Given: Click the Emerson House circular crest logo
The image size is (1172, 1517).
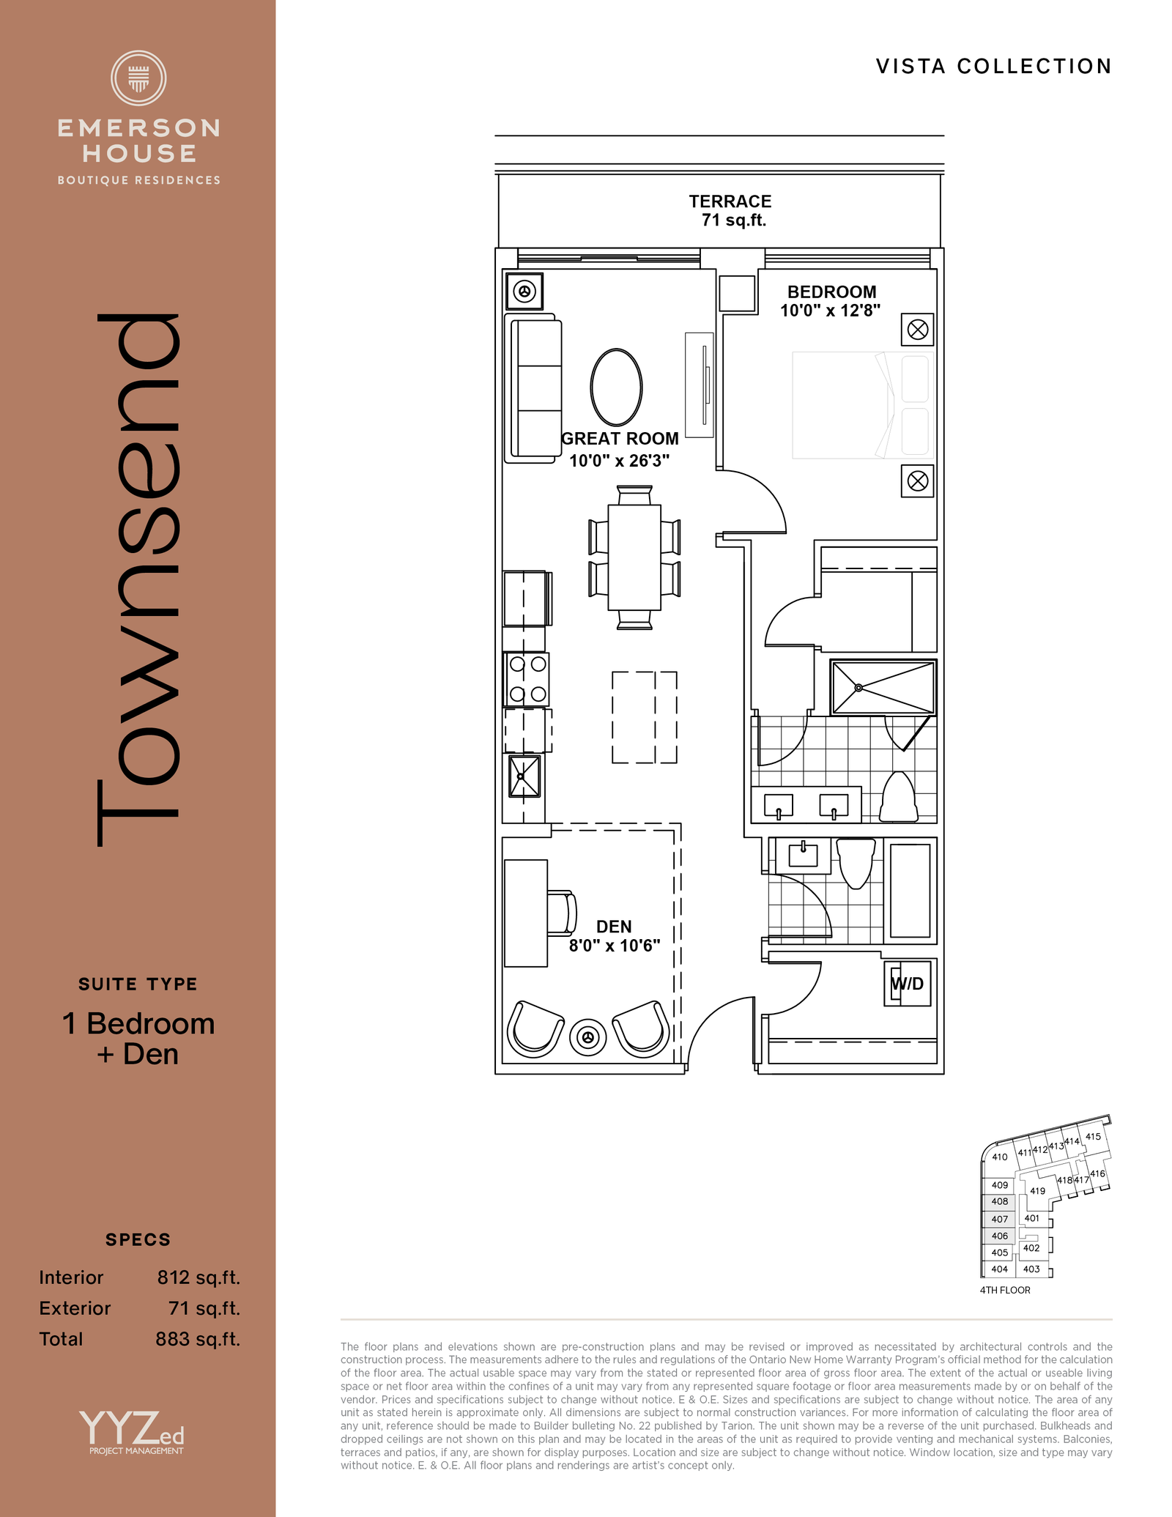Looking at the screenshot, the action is coord(138,78).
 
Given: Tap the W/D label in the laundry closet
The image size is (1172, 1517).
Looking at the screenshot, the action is coord(907,984).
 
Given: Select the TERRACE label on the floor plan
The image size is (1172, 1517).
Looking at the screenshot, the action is coord(730,201).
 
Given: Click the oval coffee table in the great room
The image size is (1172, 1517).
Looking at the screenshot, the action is coord(616,387).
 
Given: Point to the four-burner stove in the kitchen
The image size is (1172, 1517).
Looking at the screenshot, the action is coord(527,679).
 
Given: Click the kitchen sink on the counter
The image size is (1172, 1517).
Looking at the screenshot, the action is coord(524,776).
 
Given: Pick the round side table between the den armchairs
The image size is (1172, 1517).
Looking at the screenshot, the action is coord(587,1037).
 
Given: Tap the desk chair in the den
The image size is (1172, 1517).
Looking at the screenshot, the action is coord(562,913).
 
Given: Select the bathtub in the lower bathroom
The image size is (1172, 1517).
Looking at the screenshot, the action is coord(910,891).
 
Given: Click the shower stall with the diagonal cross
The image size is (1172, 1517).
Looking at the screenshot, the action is coord(883,687).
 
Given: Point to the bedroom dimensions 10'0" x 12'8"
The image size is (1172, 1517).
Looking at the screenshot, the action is coord(830,311).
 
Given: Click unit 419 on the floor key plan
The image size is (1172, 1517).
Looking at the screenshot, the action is coord(1037,1191).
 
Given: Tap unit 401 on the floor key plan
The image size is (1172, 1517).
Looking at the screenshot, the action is coord(1031,1218).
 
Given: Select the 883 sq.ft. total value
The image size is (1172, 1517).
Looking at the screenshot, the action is coord(198,1339).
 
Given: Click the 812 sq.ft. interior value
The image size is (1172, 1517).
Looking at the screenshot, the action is coord(199,1277).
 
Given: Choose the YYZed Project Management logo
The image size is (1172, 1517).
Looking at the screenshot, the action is coord(133,1433).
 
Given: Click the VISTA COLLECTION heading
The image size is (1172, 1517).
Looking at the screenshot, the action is coord(994,67).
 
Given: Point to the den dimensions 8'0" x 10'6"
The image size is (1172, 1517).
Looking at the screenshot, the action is coord(615,946).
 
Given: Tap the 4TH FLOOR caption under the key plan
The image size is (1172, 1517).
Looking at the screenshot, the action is coord(1005,1290).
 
